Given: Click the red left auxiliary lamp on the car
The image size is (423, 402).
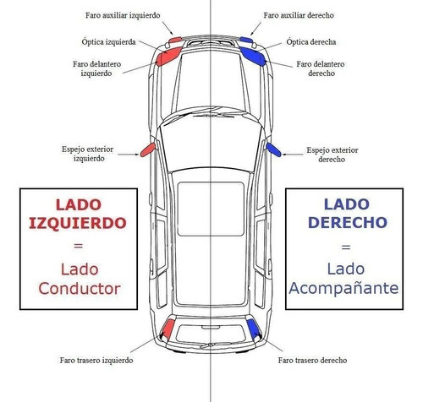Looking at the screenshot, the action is [175, 40].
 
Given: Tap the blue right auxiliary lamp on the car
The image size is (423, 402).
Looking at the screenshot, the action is [245, 40].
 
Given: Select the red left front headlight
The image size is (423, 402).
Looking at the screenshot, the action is [168, 57].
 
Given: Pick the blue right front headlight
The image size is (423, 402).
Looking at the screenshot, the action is [253, 57].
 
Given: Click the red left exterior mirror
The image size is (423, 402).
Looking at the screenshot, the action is [148, 149].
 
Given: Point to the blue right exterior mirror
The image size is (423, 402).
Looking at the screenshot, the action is [273, 149].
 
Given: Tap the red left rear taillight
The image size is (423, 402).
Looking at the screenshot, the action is [168, 329].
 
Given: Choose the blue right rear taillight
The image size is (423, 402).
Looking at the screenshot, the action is [254, 329].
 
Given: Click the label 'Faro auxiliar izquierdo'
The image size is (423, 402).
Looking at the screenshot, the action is [123, 15].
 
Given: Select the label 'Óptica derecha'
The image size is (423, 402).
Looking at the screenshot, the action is [311, 42].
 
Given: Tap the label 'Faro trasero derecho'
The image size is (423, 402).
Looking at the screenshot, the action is [312, 361].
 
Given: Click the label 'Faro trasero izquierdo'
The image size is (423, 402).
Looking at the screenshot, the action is [96, 361].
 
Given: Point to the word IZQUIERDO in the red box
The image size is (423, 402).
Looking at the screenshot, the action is [78, 223].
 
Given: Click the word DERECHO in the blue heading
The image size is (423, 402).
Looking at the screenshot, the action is [348, 222].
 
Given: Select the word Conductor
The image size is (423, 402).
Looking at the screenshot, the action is [80, 289].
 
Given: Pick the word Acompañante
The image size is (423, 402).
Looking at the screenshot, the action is [343, 288].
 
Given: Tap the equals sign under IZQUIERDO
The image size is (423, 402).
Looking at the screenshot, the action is [78, 246].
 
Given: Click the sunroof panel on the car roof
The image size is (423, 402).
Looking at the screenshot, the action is [211, 209].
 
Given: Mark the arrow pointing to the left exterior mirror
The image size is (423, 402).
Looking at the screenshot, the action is [129, 155].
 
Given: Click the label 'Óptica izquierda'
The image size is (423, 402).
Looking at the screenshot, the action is [109, 42].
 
